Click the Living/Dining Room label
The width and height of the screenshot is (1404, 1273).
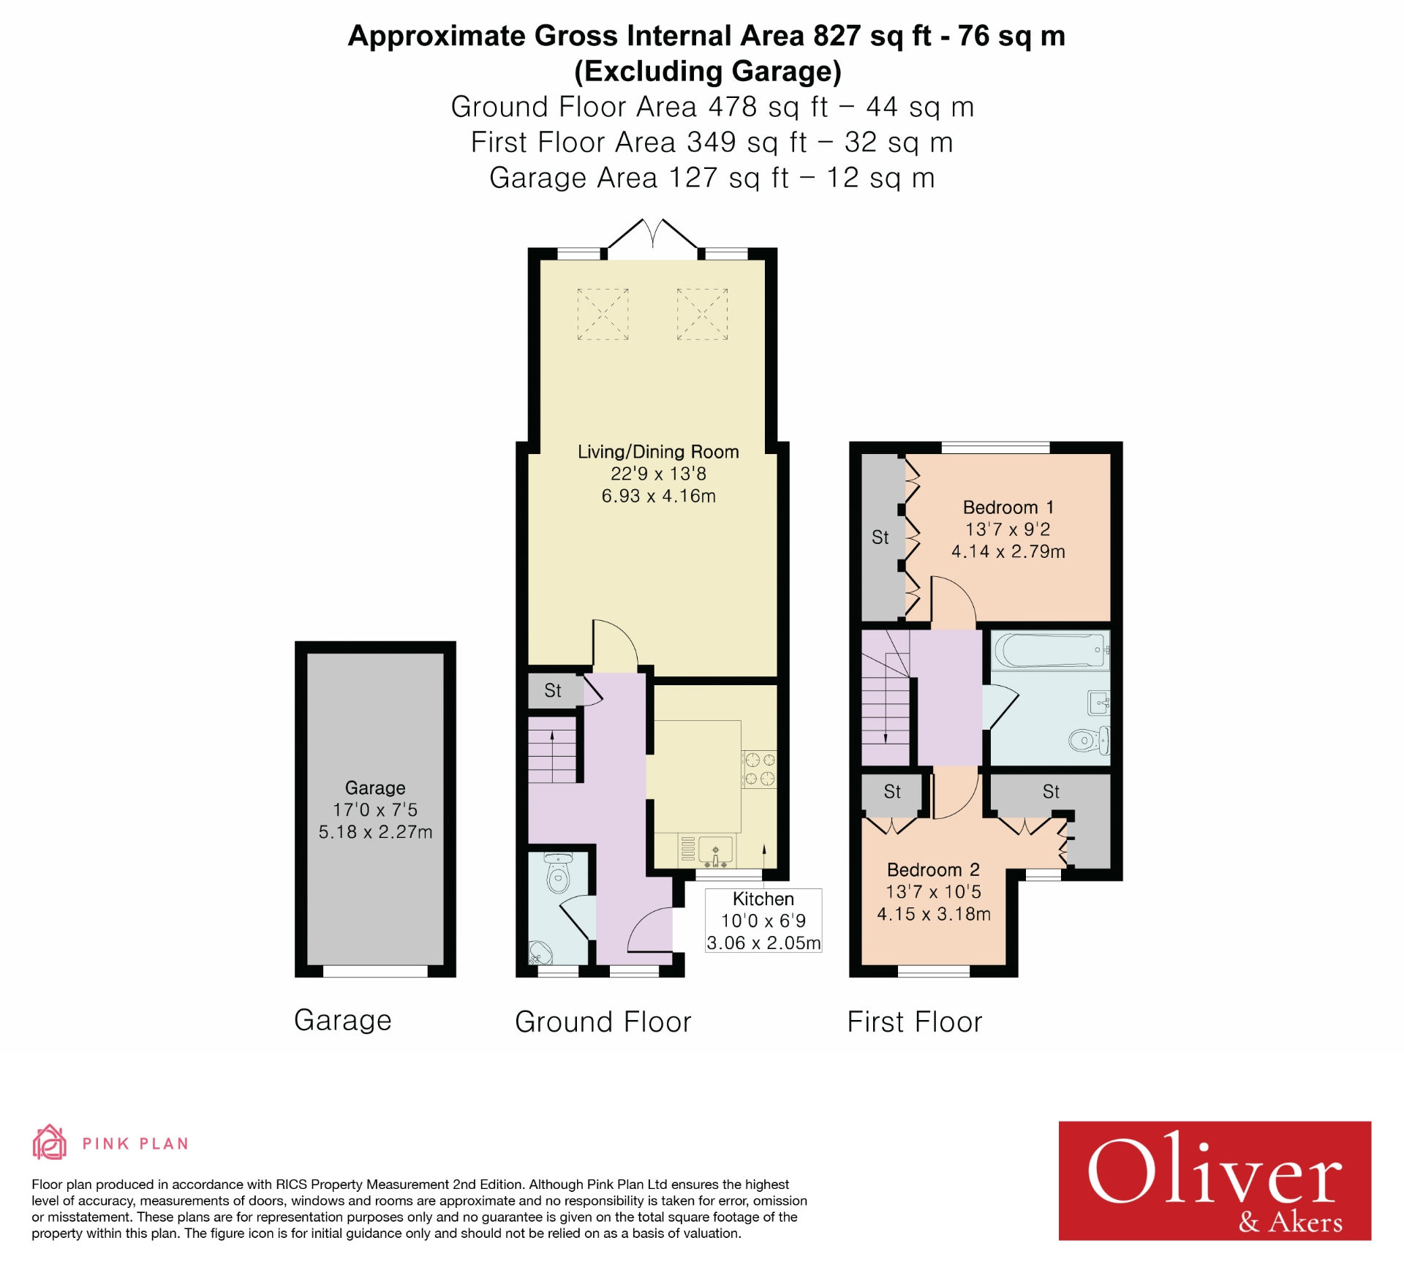658,452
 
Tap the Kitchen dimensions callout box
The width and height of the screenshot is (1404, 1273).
763,921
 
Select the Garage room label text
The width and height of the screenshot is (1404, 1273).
375,787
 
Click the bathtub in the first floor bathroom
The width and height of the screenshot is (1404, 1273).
1050,650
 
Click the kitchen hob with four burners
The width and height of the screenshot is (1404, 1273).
760,769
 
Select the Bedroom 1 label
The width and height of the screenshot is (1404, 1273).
1008,507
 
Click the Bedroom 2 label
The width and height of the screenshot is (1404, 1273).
933,869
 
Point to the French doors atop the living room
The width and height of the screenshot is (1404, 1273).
653,235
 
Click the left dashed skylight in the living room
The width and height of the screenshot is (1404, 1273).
603,314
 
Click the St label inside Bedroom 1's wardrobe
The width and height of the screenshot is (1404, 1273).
880,537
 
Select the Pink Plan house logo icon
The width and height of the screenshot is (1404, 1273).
50,1143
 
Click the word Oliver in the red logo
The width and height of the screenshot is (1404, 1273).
1214,1172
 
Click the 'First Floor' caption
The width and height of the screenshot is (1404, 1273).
914,1021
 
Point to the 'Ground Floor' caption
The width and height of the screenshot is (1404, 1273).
603,1021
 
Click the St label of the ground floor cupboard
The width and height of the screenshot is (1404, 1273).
553,690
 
